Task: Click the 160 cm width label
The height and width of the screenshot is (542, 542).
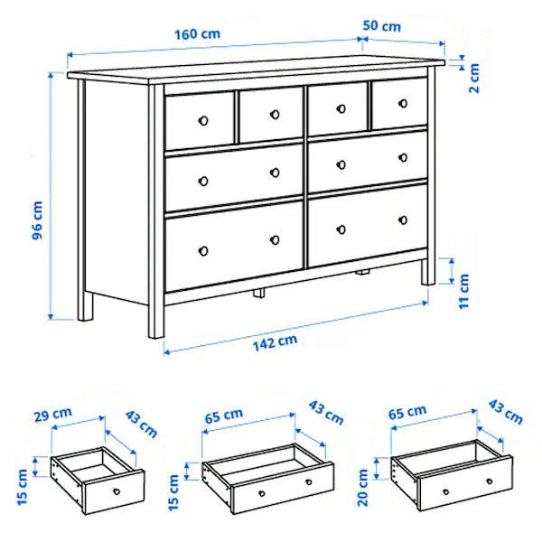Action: tap(197, 34)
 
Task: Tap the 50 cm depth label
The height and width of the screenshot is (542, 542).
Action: tap(382, 26)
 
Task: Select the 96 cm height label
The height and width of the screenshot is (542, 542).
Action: tap(37, 220)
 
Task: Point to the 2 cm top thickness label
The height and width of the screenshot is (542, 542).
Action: tap(474, 79)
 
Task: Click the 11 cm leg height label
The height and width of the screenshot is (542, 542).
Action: tap(463, 291)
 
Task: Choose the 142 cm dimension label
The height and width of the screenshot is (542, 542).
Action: tap(276, 342)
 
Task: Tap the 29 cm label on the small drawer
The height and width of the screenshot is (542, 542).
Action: tap(53, 414)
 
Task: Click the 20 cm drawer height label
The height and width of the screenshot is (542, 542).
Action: tap(363, 488)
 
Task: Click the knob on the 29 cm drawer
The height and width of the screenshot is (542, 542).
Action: tap(117, 491)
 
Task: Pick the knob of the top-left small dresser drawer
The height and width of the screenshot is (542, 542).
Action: tap(203, 121)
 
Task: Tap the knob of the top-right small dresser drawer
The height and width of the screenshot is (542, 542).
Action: tap(403, 103)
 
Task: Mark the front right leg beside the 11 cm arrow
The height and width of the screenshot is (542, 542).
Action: tap(429, 272)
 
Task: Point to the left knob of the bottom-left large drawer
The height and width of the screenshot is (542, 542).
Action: tap(203, 251)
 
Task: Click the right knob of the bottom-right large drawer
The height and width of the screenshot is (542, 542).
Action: tap(403, 220)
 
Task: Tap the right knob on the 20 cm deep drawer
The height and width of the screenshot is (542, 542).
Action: tap(489, 481)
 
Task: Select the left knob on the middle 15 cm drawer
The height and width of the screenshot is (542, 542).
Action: tap(262, 493)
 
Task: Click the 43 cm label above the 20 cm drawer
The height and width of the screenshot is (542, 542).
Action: tap(505, 412)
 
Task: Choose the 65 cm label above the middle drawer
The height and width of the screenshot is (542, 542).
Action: tap(224, 416)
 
